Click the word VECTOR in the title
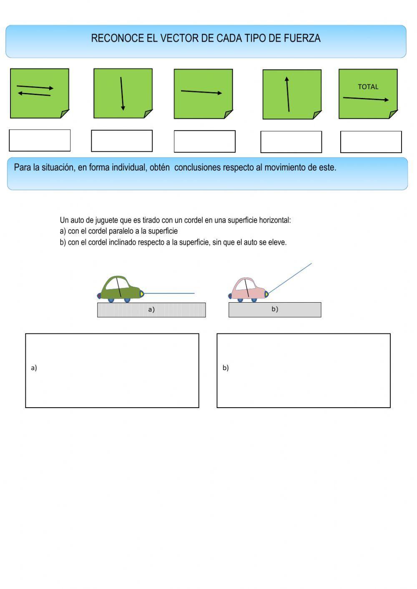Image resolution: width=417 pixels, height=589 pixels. click(179, 38)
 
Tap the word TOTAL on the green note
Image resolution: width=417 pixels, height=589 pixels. click(368, 87)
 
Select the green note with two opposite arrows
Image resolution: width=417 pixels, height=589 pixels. click(39, 93)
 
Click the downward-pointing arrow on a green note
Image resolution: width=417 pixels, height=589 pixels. click(122, 94)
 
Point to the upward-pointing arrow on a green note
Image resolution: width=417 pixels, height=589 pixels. click(288, 94)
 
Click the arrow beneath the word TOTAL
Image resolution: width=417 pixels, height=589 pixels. click(366, 99)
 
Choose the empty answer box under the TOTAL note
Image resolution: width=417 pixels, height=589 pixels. click(371, 142)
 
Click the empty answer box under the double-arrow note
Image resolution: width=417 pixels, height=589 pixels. click(40, 140)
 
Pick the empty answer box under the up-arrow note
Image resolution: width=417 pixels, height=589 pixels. click(291, 142)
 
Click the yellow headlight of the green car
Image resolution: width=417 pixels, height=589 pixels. click(142, 294)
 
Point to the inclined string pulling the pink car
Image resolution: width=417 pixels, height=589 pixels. click(290, 278)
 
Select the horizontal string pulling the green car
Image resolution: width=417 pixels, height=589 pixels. click(169, 293)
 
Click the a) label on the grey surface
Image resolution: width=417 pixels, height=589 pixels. click(151, 310)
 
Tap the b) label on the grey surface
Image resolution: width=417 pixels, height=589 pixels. click(275, 309)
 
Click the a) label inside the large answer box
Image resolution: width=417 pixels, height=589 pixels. click(34, 368)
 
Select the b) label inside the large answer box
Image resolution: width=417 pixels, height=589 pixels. click(226, 368)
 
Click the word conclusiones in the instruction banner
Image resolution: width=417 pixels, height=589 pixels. click(198, 168)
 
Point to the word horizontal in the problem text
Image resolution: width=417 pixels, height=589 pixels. click(274, 220)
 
